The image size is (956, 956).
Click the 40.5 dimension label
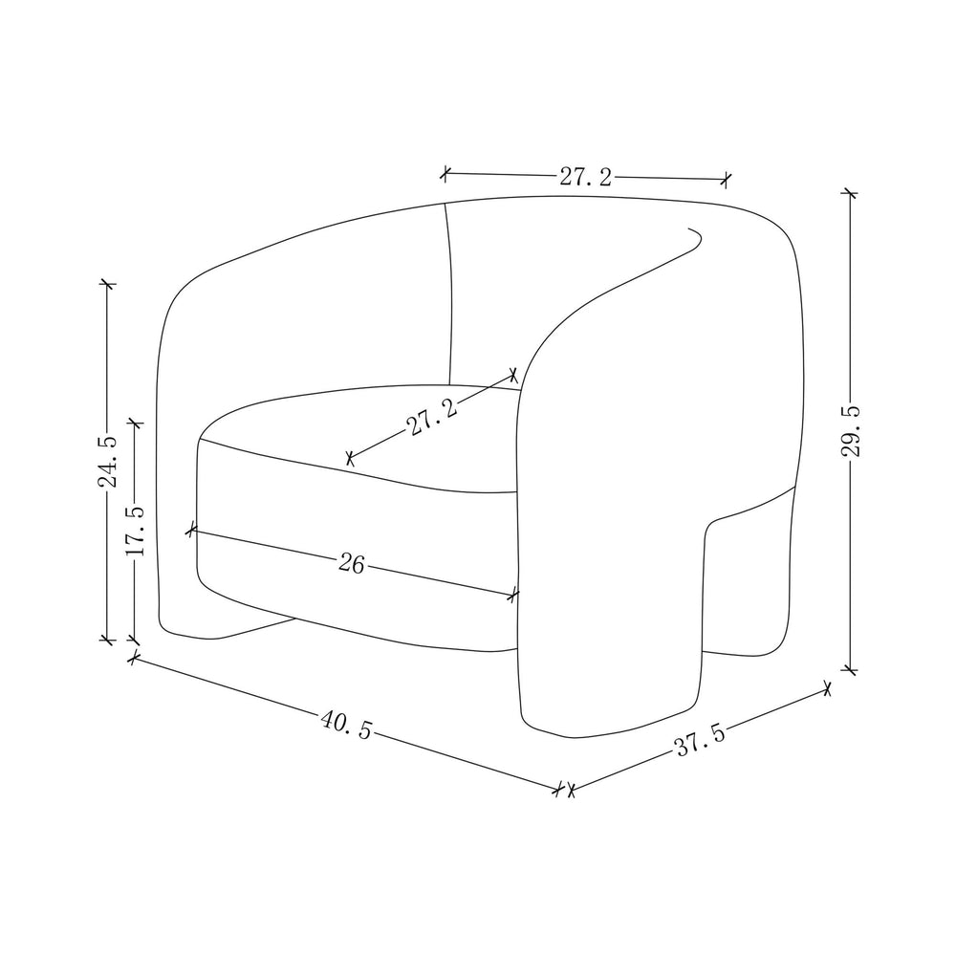pyautogui.click(x=346, y=725)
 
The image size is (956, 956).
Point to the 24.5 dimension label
pyautogui.click(x=108, y=462)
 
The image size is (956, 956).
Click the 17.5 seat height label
pyautogui.click(x=135, y=530)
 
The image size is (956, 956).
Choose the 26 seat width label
pyautogui.click(x=351, y=564)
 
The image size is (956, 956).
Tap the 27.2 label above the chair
pyautogui.click(x=585, y=178)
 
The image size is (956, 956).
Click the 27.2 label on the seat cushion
pyautogui.click(x=432, y=417)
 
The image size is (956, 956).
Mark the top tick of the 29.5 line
pyautogui.click(x=849, y=193)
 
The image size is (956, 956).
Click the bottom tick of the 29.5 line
pyautogui.click(x=850, y=670)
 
